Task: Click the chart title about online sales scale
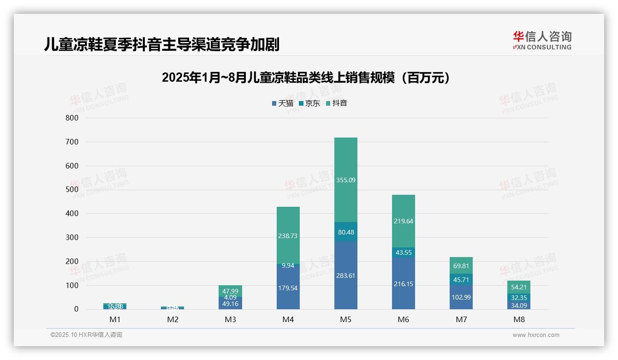(x=306, y=78)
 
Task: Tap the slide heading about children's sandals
(x=162, y=44)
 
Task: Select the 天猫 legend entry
(x=283, y=103)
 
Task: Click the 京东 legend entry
(x=309, y=103)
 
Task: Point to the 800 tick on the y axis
(x=72, y=118)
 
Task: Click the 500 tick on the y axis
(x=72, y=190)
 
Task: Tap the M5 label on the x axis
(x=346, y=319)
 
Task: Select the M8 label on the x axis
(x=519, y=319)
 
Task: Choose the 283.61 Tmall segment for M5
(x=346, y=276)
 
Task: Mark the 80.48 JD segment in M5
(x=346, y=232)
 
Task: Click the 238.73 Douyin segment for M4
(x=288, y=236)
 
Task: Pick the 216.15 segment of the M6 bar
(x=404, y=284)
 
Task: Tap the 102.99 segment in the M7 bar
(x=461, y=297)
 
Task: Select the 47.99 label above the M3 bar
(x=231, y=291)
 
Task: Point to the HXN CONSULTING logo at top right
(x=542, y=41)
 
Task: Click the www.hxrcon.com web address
(x=536, y=335)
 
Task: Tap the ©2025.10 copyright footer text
(x=86, y=335)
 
